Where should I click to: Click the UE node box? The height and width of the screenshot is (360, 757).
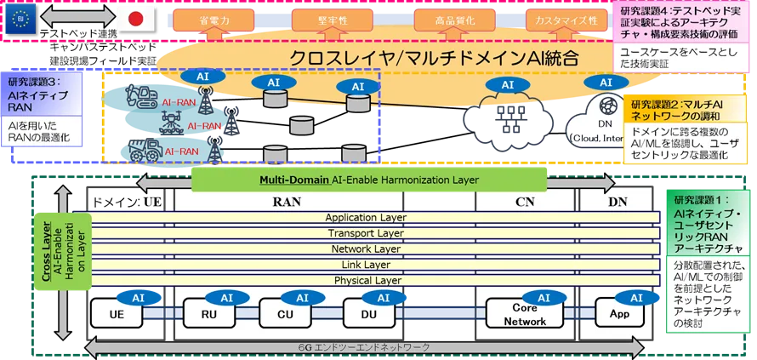click(116, 313)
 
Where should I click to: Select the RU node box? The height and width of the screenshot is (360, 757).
click(208, 313)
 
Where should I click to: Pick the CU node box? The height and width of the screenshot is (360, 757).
click(286, 313)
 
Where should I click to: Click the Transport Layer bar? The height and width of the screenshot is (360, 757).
click(365, 233)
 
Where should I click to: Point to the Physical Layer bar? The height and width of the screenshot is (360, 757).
click(365, 280)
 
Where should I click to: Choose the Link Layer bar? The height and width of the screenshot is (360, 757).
click(365, 265)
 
